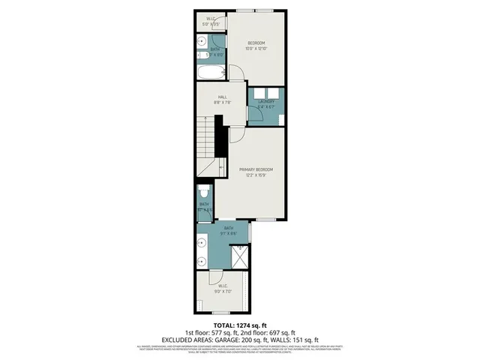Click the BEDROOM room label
256,43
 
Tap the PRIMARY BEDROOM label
256,169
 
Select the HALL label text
223,96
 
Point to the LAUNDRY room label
266,100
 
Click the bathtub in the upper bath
210,73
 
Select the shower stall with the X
240,256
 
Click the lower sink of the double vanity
202,261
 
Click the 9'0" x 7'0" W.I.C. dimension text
223,291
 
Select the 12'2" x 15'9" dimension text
256,175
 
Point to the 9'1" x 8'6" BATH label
229,233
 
